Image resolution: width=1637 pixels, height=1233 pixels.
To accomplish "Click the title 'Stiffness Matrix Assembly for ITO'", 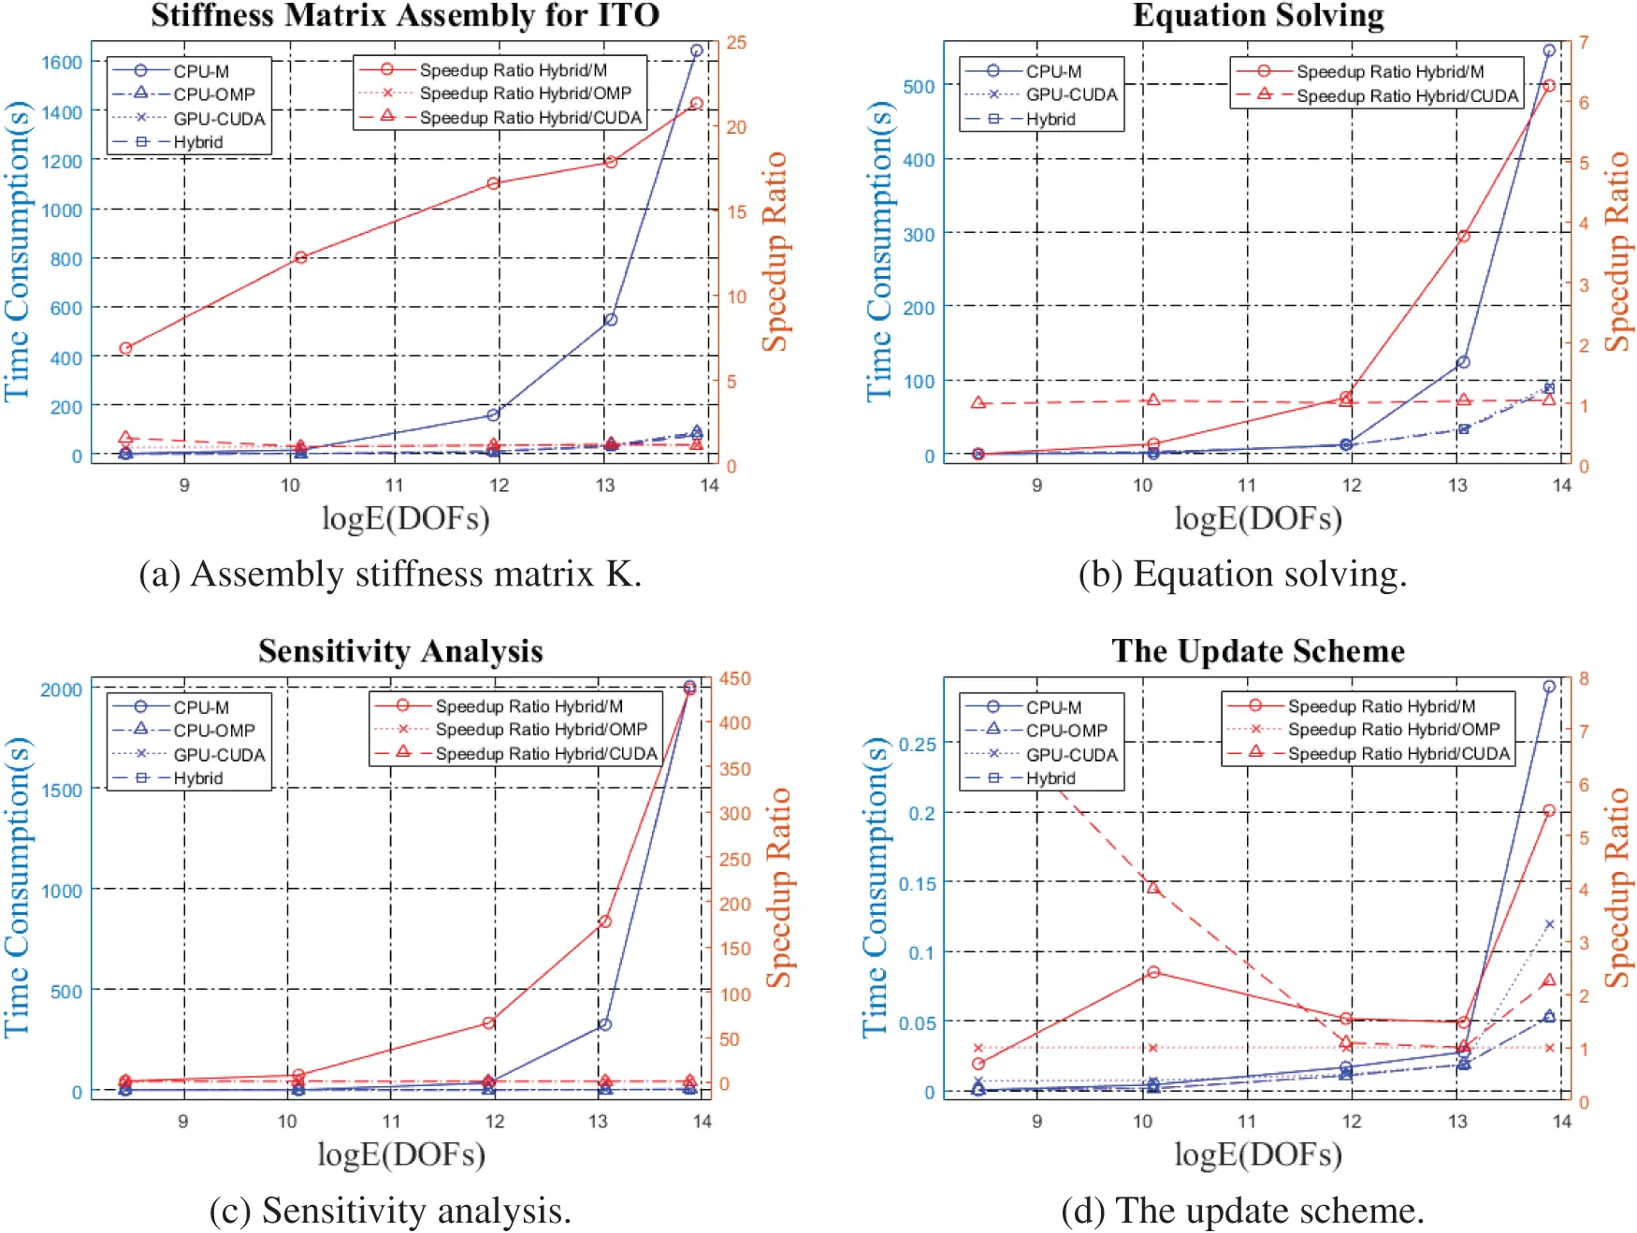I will pyautogui.click(x=405, y=16).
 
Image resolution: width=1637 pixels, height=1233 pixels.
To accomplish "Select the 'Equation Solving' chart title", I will pyautogui.click(x=1258, y=16).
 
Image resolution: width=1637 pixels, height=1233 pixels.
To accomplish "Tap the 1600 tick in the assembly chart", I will pyautogui.click(x=62, y=62).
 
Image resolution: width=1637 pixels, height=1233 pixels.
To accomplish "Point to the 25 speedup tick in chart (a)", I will pyautogui.click(x=736, y=42).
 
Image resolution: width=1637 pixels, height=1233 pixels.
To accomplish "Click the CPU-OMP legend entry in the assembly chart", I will pyautogui.click(x=213, y=94).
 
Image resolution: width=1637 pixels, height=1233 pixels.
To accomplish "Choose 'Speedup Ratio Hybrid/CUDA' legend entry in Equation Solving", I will pyautogui.click(x=1407, y=95).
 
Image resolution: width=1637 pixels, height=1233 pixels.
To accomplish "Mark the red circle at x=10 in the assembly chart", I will pyautogui.click(x=301, y=257).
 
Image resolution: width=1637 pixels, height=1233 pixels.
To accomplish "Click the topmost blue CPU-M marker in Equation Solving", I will pyautogui.click(x=1549, y=51).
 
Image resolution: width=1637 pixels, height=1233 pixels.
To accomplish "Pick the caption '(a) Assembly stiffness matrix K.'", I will pyautogui.click(x=390, y=573).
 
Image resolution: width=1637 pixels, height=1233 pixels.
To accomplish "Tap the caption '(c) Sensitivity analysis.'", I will pyautogui.click(x=390, y=1210).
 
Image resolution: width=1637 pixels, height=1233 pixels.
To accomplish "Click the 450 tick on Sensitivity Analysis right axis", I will pyautogui.click(x=734, y=678).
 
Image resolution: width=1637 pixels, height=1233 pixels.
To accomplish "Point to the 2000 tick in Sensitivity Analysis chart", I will pyautogui.click(x=62, y=689).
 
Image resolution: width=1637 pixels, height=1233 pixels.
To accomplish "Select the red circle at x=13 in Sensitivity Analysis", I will pyautogui.click(x=605, y=921).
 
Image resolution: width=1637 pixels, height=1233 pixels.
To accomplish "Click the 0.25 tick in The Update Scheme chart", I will pyautogui.click(x=917, y=744).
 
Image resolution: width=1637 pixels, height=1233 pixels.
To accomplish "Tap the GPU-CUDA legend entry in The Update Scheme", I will pyautogui.click(x=1071, y=754).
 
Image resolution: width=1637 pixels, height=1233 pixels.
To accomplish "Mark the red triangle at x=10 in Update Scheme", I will pyautogui.click(x=1153, y=888).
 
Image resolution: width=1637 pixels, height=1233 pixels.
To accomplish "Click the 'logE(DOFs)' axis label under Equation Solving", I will pyautogui.click(x=1258, y=517).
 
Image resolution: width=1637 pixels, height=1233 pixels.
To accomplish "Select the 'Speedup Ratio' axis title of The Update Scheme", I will pyautogui.click(x=1617, y=888).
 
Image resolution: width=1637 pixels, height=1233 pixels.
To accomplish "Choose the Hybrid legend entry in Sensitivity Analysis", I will pyautogui.click(x=197, y=777).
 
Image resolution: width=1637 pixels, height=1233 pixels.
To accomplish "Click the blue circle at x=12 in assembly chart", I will pyautogui.click(x=494, y=414).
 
